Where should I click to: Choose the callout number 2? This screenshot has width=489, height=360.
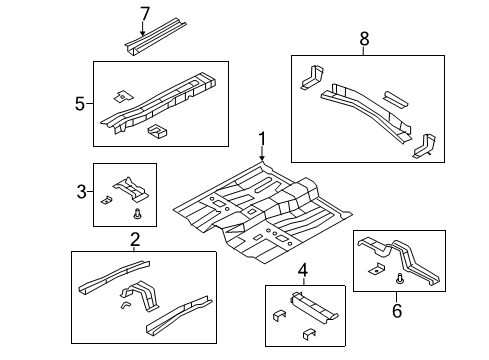click(135, 240)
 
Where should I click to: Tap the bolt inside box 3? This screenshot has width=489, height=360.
click(138, 213)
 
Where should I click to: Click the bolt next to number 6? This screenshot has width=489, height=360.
click(398, 278)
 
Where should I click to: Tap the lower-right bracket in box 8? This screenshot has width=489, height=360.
click(424, 145)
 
